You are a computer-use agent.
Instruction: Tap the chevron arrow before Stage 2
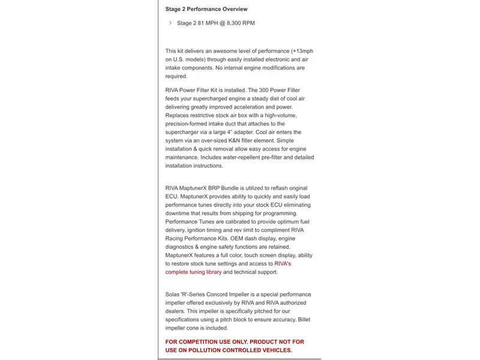170,23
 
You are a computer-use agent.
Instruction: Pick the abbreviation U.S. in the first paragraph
180,59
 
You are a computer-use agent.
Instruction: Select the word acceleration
248,106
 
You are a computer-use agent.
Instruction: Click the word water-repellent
240,157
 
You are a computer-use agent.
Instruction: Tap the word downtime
179,213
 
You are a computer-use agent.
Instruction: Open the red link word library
211,272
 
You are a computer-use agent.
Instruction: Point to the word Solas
174,295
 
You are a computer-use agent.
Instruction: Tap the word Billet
303,320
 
